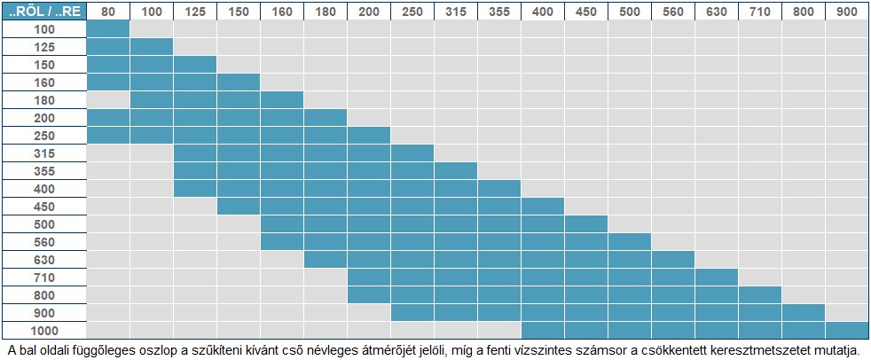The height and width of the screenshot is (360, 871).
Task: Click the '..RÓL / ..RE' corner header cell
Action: [44, 11]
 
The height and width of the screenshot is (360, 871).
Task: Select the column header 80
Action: [108, 11]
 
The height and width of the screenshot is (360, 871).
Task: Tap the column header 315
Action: [456, 11]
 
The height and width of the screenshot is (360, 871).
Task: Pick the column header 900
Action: [846, 11]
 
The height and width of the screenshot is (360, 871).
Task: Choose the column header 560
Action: [673, 11]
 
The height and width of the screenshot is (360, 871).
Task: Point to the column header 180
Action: [326, 11]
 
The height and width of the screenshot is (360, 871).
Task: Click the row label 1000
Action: [44, 329]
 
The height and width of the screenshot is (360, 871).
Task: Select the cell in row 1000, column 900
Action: [846, 329]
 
